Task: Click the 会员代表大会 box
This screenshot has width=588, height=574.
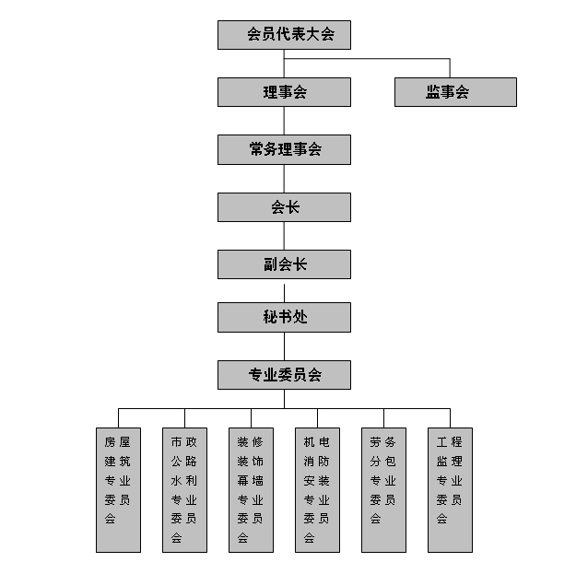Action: (284, 35)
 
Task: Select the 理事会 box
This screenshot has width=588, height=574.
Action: (284, 92)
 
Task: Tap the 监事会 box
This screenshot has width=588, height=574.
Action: (455, 92)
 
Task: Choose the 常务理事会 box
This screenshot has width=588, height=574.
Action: (284, 149)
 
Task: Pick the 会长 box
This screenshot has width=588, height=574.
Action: (284, 207)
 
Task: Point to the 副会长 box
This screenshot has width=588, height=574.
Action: (284, 264)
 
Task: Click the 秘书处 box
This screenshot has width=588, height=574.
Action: (284, 317)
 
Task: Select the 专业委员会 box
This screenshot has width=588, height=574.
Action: (284, 375)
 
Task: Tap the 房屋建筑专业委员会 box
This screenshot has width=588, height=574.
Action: (119, 490)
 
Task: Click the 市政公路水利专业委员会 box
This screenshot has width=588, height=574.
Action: (185, 490)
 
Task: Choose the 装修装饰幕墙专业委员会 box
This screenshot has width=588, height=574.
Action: (252, 490)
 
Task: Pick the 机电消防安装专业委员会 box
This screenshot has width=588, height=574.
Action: (318, 490)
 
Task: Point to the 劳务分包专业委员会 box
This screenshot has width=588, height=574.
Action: (384, 490)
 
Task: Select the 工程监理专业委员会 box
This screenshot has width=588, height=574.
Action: (451, 490)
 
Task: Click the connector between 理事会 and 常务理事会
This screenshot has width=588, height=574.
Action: (284, 121)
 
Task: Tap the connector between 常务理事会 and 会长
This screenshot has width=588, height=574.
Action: (284, 179)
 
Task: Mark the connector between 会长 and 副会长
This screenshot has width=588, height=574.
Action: (284, 236)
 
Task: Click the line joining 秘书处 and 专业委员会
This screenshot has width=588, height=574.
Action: (284, 346)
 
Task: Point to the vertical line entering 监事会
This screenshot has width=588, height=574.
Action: (450, 68)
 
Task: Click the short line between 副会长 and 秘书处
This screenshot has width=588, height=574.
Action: (284, 293)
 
